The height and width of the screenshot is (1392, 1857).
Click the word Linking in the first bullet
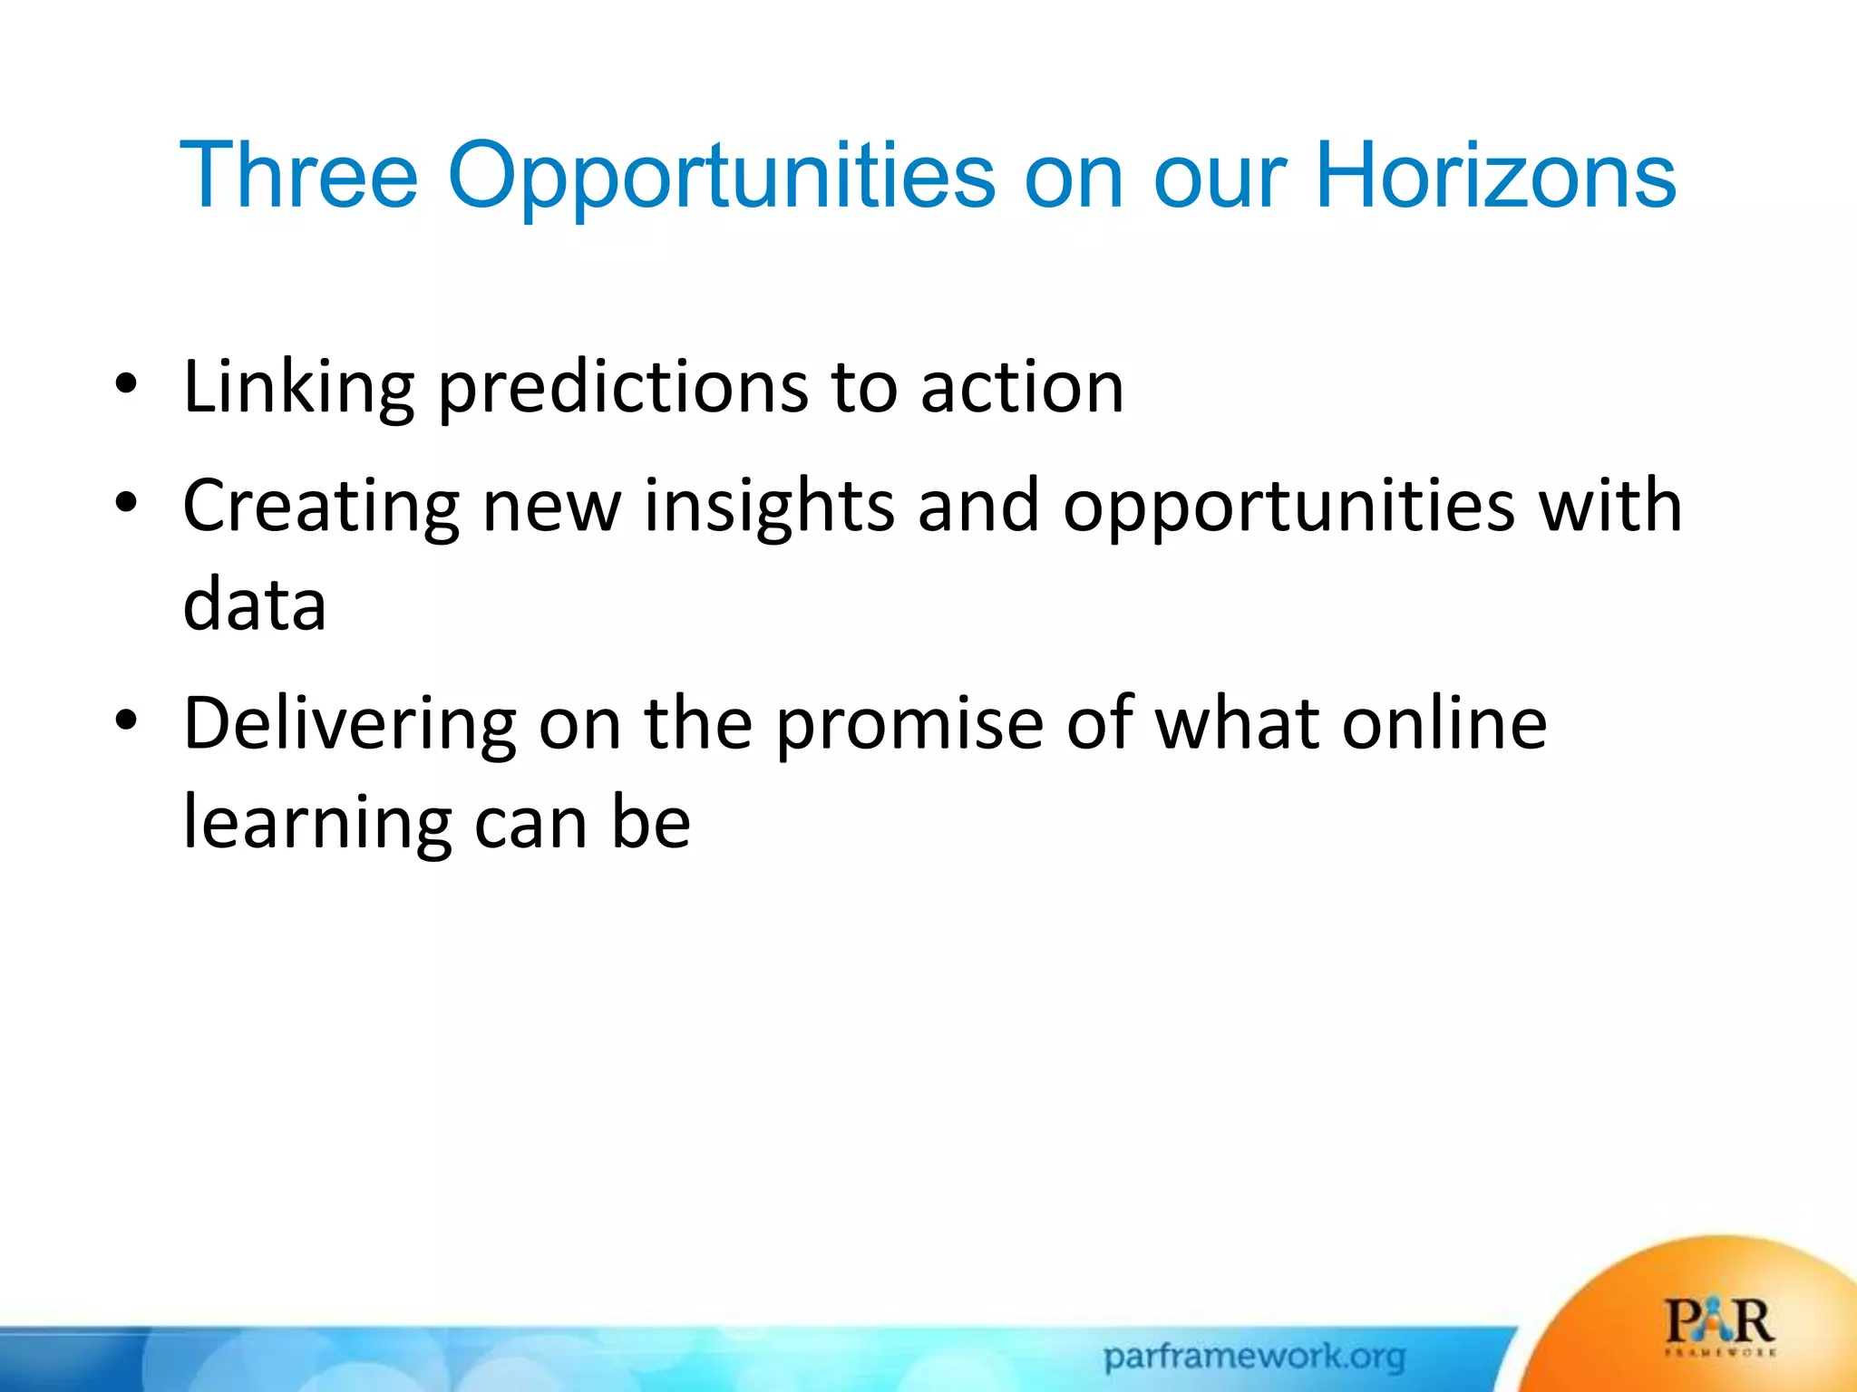tap(299, 388)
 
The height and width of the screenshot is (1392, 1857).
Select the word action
tap(1022, 388)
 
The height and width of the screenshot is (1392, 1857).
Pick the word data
tap(254, 604)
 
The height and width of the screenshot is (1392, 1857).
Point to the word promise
tap(909, 725)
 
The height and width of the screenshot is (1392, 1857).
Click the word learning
tap(316, 823)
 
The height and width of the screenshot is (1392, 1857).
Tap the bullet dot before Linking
tap(126, 384)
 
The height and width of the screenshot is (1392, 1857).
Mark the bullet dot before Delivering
tap(126, 720)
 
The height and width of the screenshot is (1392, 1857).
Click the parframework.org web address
tap(1254, 1357)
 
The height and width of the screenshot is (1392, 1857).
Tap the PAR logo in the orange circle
tap(1719, 1325)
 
